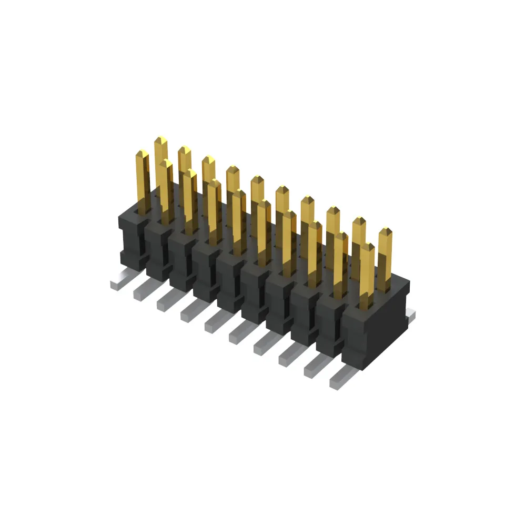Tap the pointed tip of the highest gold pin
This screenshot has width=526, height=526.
(161, 140)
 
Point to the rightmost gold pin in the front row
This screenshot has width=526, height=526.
(367, 274)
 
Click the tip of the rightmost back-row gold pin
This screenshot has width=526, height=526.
(385, 231)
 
